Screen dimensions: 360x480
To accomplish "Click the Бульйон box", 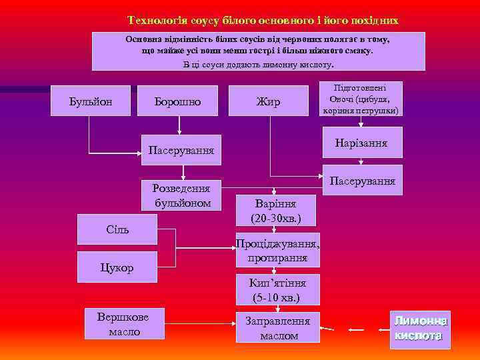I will click(x=91, y=102).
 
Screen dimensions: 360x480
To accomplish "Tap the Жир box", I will click(x=268, y=102).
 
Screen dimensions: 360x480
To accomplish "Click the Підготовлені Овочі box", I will click(x=362, y=99).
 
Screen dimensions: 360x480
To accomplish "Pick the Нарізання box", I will click(x=362, y=144).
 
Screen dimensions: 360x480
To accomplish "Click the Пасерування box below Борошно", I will click(x=181, y=151).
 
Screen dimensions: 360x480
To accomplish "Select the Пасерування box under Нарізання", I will click(x=362, y=180).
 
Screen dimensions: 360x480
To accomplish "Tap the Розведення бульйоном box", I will click(x=181, y=195).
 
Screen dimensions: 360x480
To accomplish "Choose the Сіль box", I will click(x=117, y=229).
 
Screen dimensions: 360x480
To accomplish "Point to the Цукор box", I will click(x=117, y=267).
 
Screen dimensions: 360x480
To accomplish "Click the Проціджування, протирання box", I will click(x=277, y=251).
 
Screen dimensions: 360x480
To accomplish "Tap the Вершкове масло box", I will click(x=122, y=323).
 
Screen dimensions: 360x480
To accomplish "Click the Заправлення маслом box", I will click(x=277, y=327).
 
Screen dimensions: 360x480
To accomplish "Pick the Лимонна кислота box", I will click(x=420, y=329).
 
